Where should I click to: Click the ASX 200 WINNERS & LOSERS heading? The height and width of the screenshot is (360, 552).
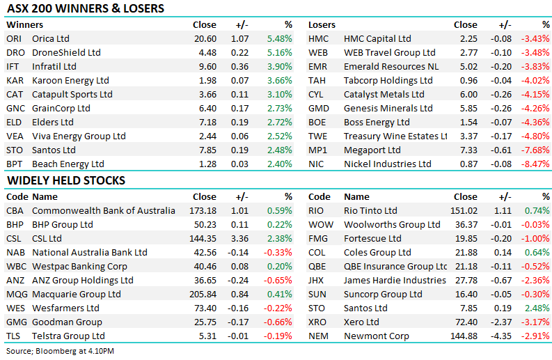pyautogui.click(x=85, y=9)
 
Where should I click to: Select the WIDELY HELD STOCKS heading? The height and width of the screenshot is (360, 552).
pyautogui.click(x=66, y=180)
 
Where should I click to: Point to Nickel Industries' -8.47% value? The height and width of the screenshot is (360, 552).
pyautogui.click(x=535, y=164)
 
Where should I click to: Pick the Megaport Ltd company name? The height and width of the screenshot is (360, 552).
pyautogui.click(x=372, y=150)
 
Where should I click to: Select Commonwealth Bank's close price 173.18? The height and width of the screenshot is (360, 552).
pyautogui.click(x=203, y=210)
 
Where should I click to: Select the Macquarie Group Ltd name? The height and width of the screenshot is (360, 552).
pyautogui.click(x=77, y=294)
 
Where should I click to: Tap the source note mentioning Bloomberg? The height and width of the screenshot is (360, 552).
pyautogui.click(x=60, y=351)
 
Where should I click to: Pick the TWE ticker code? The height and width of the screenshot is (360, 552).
pyautogui.click(x=319, y=136)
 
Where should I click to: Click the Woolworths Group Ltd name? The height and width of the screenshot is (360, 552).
pyautogui.click(x=392, y=224)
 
